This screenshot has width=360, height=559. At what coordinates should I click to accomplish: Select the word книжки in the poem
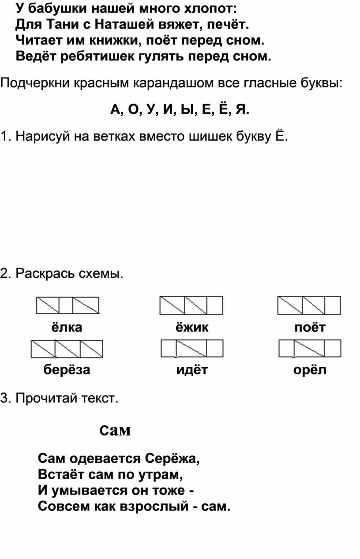(116, 41)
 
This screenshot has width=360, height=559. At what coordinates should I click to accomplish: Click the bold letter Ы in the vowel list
(187, 109)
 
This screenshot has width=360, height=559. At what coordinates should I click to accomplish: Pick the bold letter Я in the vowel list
(241, 109)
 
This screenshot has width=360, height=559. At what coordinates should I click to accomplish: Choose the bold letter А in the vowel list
(115, 109)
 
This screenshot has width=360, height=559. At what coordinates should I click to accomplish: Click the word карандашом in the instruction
(173, 83)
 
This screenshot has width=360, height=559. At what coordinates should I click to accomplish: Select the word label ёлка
(67, 327)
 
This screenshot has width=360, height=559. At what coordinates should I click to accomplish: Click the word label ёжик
(192, 327)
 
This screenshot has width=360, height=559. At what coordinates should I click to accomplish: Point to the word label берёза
(67, 369)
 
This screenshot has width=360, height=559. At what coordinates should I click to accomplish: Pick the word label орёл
(310, 369)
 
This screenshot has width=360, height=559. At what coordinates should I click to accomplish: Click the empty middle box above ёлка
(66, 305)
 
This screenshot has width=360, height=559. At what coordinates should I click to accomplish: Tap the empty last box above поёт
(333, 305)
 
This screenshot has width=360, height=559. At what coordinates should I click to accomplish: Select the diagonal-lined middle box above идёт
(191, 348)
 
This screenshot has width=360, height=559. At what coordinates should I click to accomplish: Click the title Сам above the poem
(115, 431)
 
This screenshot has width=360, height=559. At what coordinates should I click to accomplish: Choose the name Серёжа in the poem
(172, 458)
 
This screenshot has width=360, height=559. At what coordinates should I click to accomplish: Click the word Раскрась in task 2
(45, 273)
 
